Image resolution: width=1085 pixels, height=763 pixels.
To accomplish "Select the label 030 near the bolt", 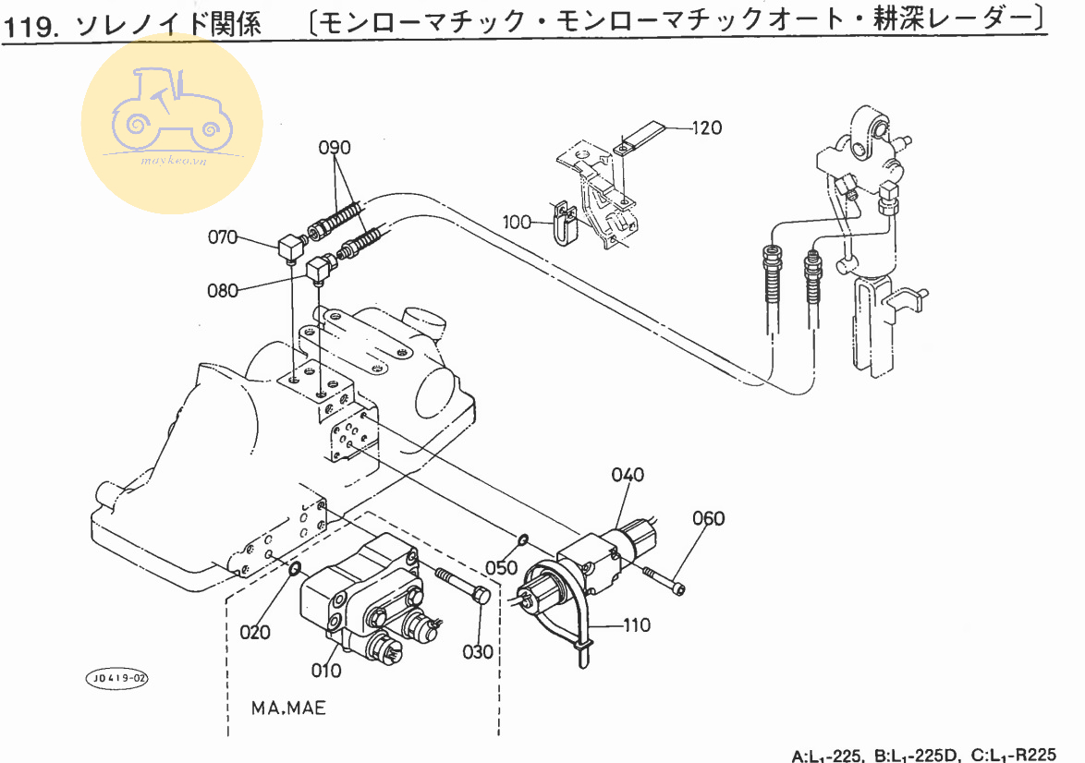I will [x=480, y=651].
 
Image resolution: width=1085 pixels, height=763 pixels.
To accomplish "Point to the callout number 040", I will [x=628, y=475].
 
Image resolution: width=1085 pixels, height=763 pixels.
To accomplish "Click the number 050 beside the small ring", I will [x=502, y=567].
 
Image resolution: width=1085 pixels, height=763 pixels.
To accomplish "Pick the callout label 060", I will [x=709, y=518].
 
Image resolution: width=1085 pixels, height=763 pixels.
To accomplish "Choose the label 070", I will [x=223, y=237].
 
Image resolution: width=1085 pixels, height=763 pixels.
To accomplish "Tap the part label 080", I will [x=223, y=290].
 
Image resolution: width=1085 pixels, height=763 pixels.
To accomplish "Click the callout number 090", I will [x=335, y=147].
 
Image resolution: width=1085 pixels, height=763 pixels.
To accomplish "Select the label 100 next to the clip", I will [x=518, y=222].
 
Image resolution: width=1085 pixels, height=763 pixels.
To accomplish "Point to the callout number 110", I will [x=637, y=624].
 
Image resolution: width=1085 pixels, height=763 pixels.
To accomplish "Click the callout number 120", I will [x=707, y=127].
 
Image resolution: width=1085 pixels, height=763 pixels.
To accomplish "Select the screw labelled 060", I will [x=664, y=578].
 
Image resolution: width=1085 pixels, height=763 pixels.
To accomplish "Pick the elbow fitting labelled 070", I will [x=292, y=248].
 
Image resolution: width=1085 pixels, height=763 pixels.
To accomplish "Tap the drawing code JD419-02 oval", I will [x=117, y=679].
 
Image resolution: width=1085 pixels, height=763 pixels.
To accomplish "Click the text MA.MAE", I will [x=288, y=708].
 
